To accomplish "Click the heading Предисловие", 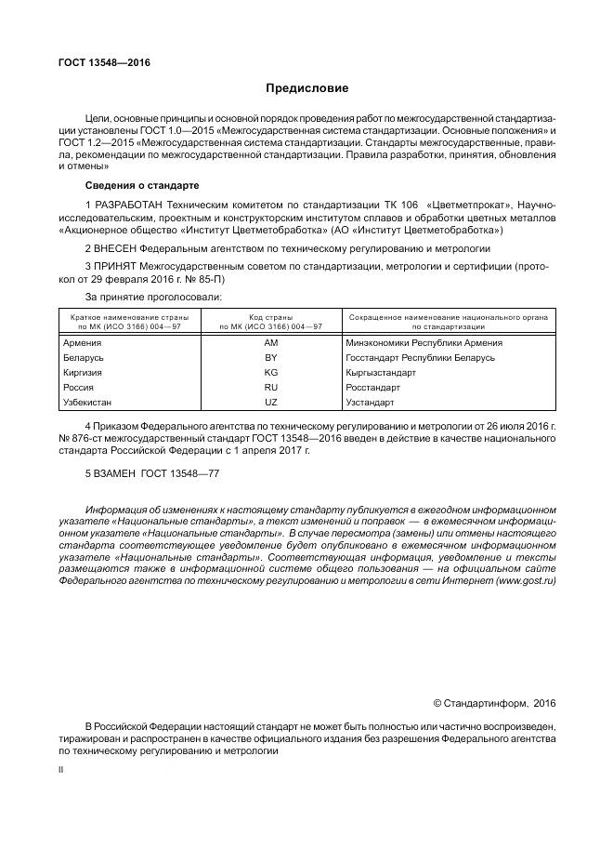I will (307, 89).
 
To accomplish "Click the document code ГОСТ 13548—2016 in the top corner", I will (103, 62).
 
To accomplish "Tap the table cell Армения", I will (82, 342).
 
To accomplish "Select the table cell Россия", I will (78, 387).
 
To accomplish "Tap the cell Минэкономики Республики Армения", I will (424, 342).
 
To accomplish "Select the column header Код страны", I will (271, 317).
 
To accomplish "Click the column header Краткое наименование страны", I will (129, 317).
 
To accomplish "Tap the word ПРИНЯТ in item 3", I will (116, 266).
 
